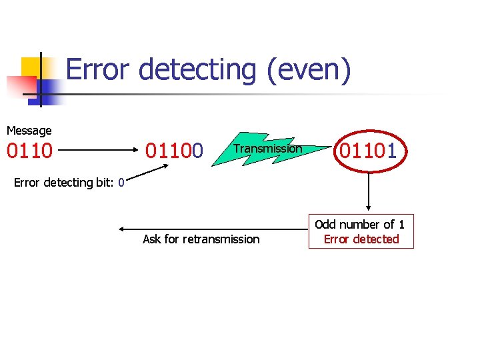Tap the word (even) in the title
(307, 69)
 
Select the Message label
(29, 131)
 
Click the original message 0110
(29, 151)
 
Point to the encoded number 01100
(174, 151)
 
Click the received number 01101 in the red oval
(368, 151)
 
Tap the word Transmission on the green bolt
(267, 149)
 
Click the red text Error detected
(361, 239)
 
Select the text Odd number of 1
(360, 225)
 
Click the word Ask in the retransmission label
(152, 239)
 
